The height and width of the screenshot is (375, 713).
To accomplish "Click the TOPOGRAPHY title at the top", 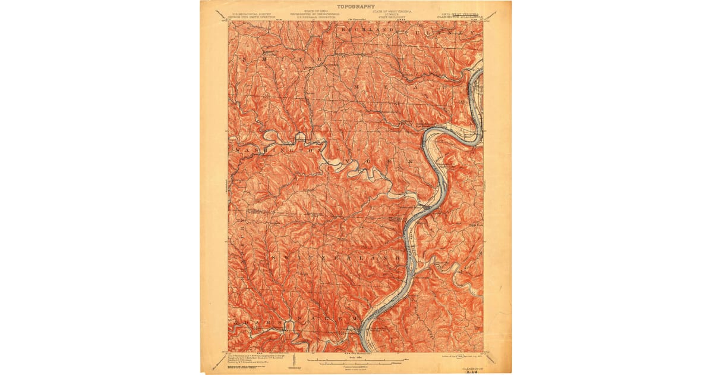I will point(355,7).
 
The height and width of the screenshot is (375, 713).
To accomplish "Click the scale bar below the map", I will point(354,360).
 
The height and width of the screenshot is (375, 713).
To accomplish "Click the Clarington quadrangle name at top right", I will point(461,16).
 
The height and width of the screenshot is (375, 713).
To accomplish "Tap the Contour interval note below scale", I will point(354,367).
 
